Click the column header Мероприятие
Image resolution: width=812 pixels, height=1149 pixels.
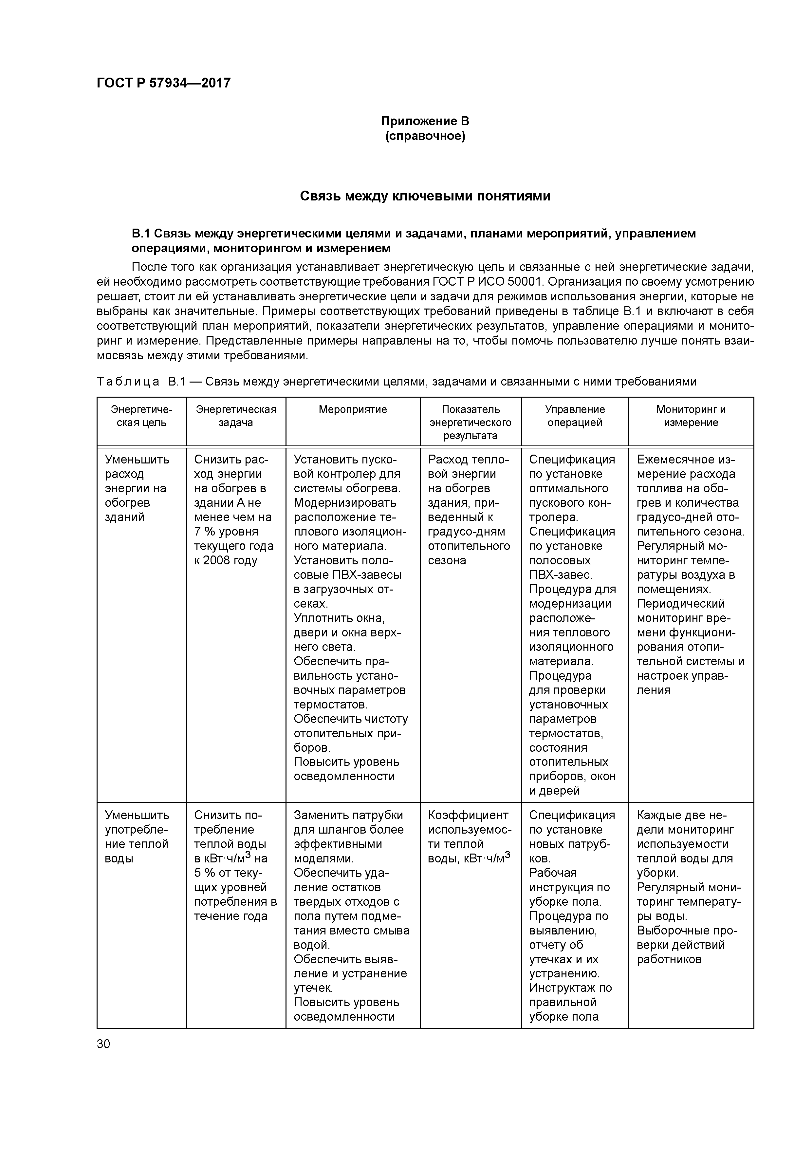tap(353, 409)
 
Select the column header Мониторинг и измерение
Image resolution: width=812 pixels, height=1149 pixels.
tap(691, 416)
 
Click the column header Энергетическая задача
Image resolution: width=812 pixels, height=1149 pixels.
tap(236, 416)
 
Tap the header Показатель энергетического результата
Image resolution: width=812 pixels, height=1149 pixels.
tap(470, 423)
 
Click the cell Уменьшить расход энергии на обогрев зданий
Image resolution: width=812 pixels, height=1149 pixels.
tap(137, 488)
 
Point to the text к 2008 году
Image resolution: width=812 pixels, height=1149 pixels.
tap(226, 560)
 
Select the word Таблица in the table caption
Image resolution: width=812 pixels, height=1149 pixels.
tap(128, 382)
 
